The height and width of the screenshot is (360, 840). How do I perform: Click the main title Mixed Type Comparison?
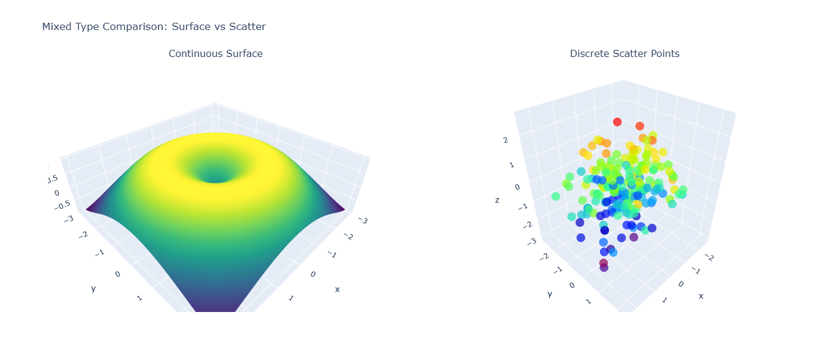(154, 26)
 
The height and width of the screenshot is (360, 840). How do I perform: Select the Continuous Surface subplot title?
(215, 53)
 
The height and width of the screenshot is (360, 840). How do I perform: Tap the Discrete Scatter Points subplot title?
(625, 53)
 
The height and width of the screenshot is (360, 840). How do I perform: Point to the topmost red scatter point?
(617, 122)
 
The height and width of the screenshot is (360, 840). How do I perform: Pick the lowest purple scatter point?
(604, 268)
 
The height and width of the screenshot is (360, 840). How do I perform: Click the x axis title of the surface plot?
(337, 289)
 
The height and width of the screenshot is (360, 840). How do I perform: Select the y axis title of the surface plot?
(93, 289)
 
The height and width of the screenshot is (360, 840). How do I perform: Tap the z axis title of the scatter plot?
(497, 200)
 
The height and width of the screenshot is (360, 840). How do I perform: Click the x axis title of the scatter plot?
(701, 296)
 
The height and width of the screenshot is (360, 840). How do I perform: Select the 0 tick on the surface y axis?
(117, 274)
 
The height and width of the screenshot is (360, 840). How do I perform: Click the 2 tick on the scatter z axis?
(506, 140)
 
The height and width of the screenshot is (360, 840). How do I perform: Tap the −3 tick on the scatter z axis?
(531, 241)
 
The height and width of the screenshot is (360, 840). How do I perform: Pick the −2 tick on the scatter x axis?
(710, 257)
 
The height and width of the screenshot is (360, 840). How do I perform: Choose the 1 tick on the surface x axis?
(291, 298)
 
